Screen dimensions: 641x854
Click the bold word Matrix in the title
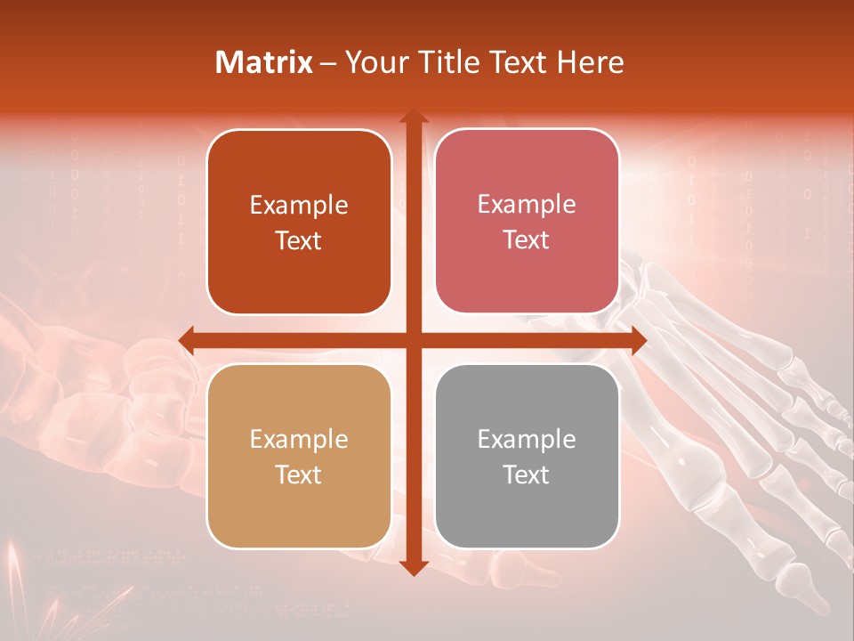click(264, 62)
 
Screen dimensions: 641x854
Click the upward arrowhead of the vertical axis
click(413, 117)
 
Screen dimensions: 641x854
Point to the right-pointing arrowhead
click(638, 340)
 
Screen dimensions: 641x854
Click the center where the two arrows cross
click(413, 340)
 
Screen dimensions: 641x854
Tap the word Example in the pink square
click(527, 205)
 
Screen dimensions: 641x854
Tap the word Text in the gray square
click(527, 475)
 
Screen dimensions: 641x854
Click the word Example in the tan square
click(299, 439)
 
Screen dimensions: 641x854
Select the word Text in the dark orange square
click(299, 240)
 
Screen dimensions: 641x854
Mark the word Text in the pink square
click(527, 239)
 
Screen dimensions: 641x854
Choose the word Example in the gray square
click(527, 439)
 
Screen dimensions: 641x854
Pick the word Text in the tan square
click(299, 475)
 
